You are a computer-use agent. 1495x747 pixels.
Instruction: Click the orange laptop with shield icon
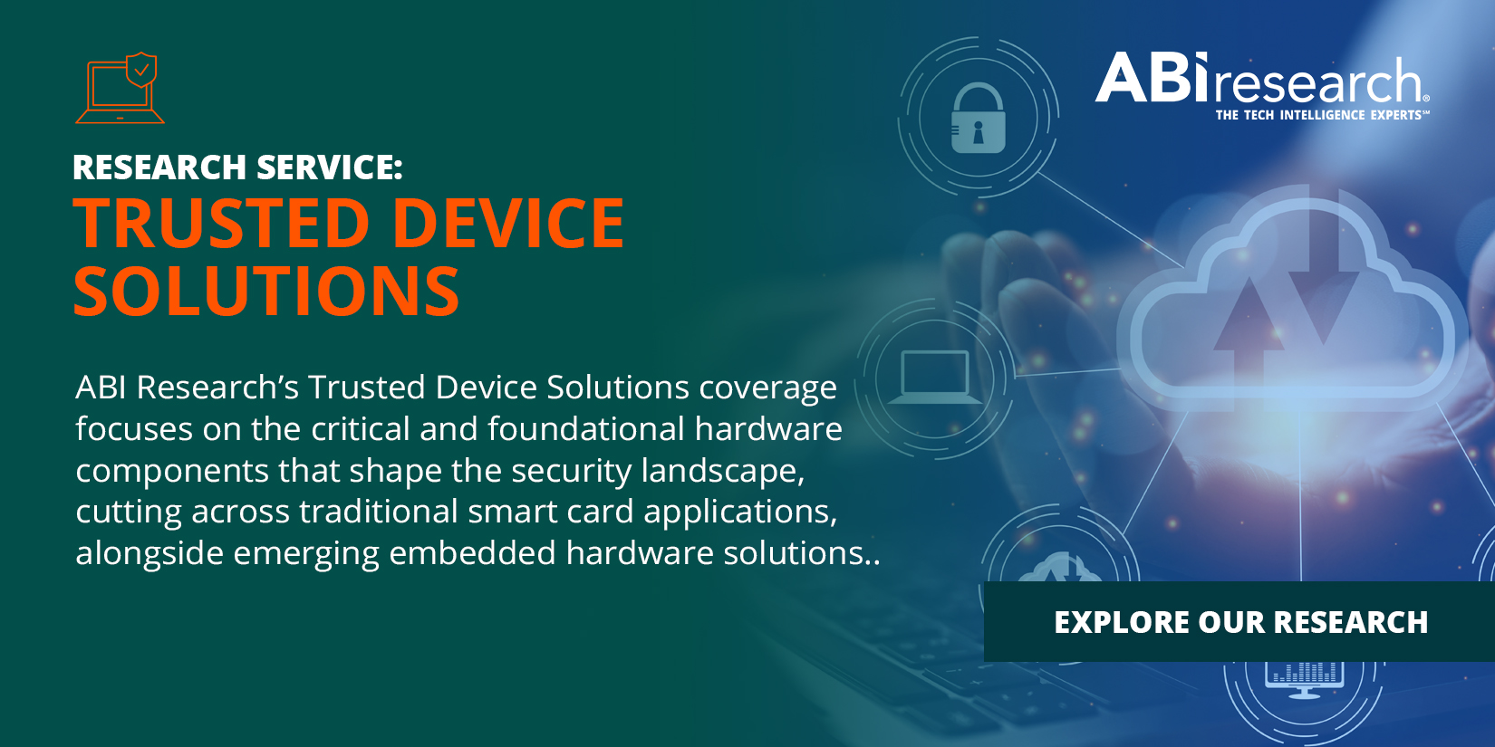[x=120, y=89]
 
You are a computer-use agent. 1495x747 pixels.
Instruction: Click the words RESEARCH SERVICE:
[x=237, y=168]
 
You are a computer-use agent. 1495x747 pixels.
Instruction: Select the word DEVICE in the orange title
[x=508, y=224]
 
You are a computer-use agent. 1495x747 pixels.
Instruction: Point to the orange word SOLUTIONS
[x=266, y=292]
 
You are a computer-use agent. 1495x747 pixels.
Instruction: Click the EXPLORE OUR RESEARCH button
[x=1240, y=622]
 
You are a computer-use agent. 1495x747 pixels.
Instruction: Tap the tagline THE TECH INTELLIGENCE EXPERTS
[x=1320, y=115]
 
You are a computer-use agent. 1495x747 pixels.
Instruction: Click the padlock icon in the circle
[x=978, y=119]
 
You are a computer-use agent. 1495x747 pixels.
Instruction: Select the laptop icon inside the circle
[x=935, y=377]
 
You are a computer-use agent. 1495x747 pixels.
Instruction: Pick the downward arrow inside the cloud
[x=1323, y=281]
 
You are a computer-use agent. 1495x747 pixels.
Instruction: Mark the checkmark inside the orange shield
[x=141, y=69]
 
